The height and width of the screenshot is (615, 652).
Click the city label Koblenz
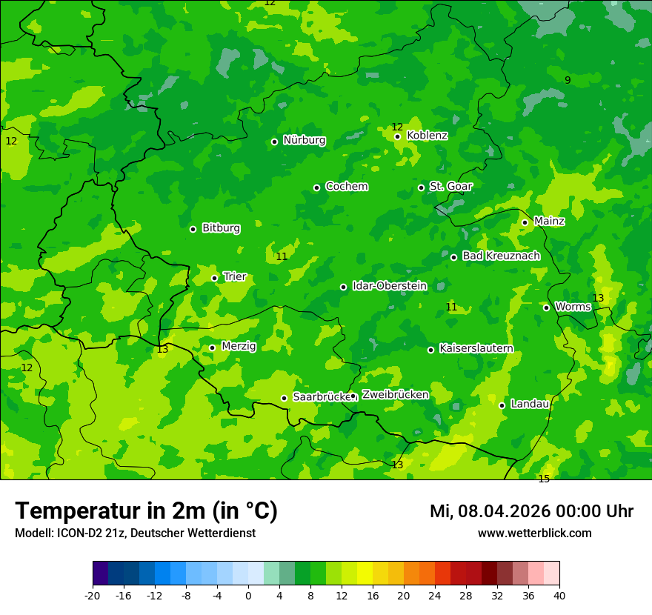pos(427,136)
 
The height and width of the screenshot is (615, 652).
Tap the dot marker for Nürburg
pos(274,142)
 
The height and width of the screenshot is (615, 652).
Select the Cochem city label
pos(346,187)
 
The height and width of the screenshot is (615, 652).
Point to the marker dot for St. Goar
pos(421,187)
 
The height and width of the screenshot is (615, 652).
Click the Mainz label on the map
pos(549,222)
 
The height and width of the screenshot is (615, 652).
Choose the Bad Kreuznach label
pos(501,256)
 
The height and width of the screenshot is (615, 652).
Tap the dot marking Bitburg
pos(193,229)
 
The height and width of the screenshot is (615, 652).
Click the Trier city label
pos(234,277)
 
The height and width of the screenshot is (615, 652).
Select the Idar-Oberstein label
pos(389,286)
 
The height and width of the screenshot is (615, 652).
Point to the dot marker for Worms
pos(546,307)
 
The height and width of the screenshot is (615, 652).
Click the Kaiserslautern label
pos(476,349)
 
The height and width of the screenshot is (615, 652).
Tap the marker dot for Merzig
pos(212,348)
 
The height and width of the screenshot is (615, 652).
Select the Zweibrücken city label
pos(395,395)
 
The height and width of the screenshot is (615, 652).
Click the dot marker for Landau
pos(502,405)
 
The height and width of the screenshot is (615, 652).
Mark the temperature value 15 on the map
pos(544,479)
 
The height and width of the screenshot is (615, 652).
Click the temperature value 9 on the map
pos(568,80)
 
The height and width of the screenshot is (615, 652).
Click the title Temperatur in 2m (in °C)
pos(146,511)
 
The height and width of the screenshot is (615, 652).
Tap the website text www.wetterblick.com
pos(534,533)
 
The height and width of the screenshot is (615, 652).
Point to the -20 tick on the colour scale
pos(93,596)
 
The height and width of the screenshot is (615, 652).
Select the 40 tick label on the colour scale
pos(559,596)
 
